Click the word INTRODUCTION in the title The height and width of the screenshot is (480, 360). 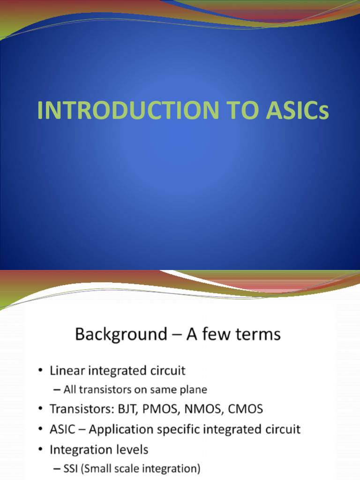click(x=127, y=111)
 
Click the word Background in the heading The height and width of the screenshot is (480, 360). click(x=114, y=335)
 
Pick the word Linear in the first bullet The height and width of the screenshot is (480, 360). click(x=66, y=371)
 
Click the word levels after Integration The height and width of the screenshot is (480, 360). click(x=131, y=450)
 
